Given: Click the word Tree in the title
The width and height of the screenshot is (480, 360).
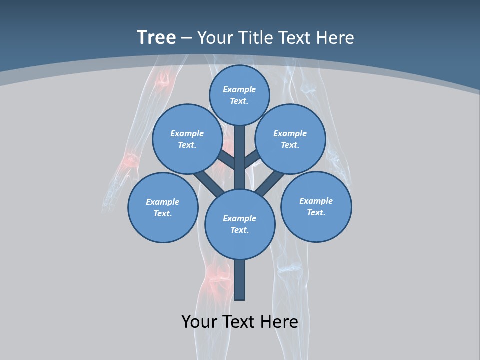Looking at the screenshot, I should click(x=156, y=37).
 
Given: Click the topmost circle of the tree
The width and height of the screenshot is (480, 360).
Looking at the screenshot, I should click(x=239, y=95).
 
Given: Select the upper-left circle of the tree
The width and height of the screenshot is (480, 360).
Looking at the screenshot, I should click(x=187, y=139).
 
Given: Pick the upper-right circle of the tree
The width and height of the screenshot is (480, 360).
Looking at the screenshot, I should click(x=290, y=139).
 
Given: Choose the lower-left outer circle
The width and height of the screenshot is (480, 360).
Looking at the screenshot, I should click(x=162, y=207).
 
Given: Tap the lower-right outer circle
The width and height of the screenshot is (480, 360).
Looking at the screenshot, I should click(x=316, y=206).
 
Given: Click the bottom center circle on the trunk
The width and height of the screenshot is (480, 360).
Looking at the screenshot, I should click(x=240, y=224).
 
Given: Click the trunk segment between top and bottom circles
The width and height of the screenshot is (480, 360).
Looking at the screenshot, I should click(x=240, y=157).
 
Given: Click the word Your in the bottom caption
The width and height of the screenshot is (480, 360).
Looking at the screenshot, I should click(x=199, y=321).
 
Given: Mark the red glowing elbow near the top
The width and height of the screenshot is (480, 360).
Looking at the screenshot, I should click(x=163, y=80).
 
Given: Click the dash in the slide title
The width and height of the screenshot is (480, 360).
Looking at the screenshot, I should click(x=187, y=38).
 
